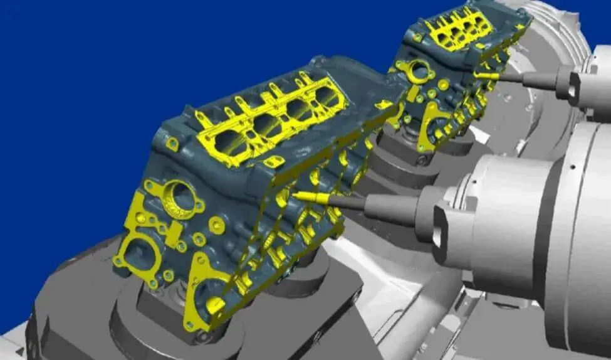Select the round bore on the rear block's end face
419,71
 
